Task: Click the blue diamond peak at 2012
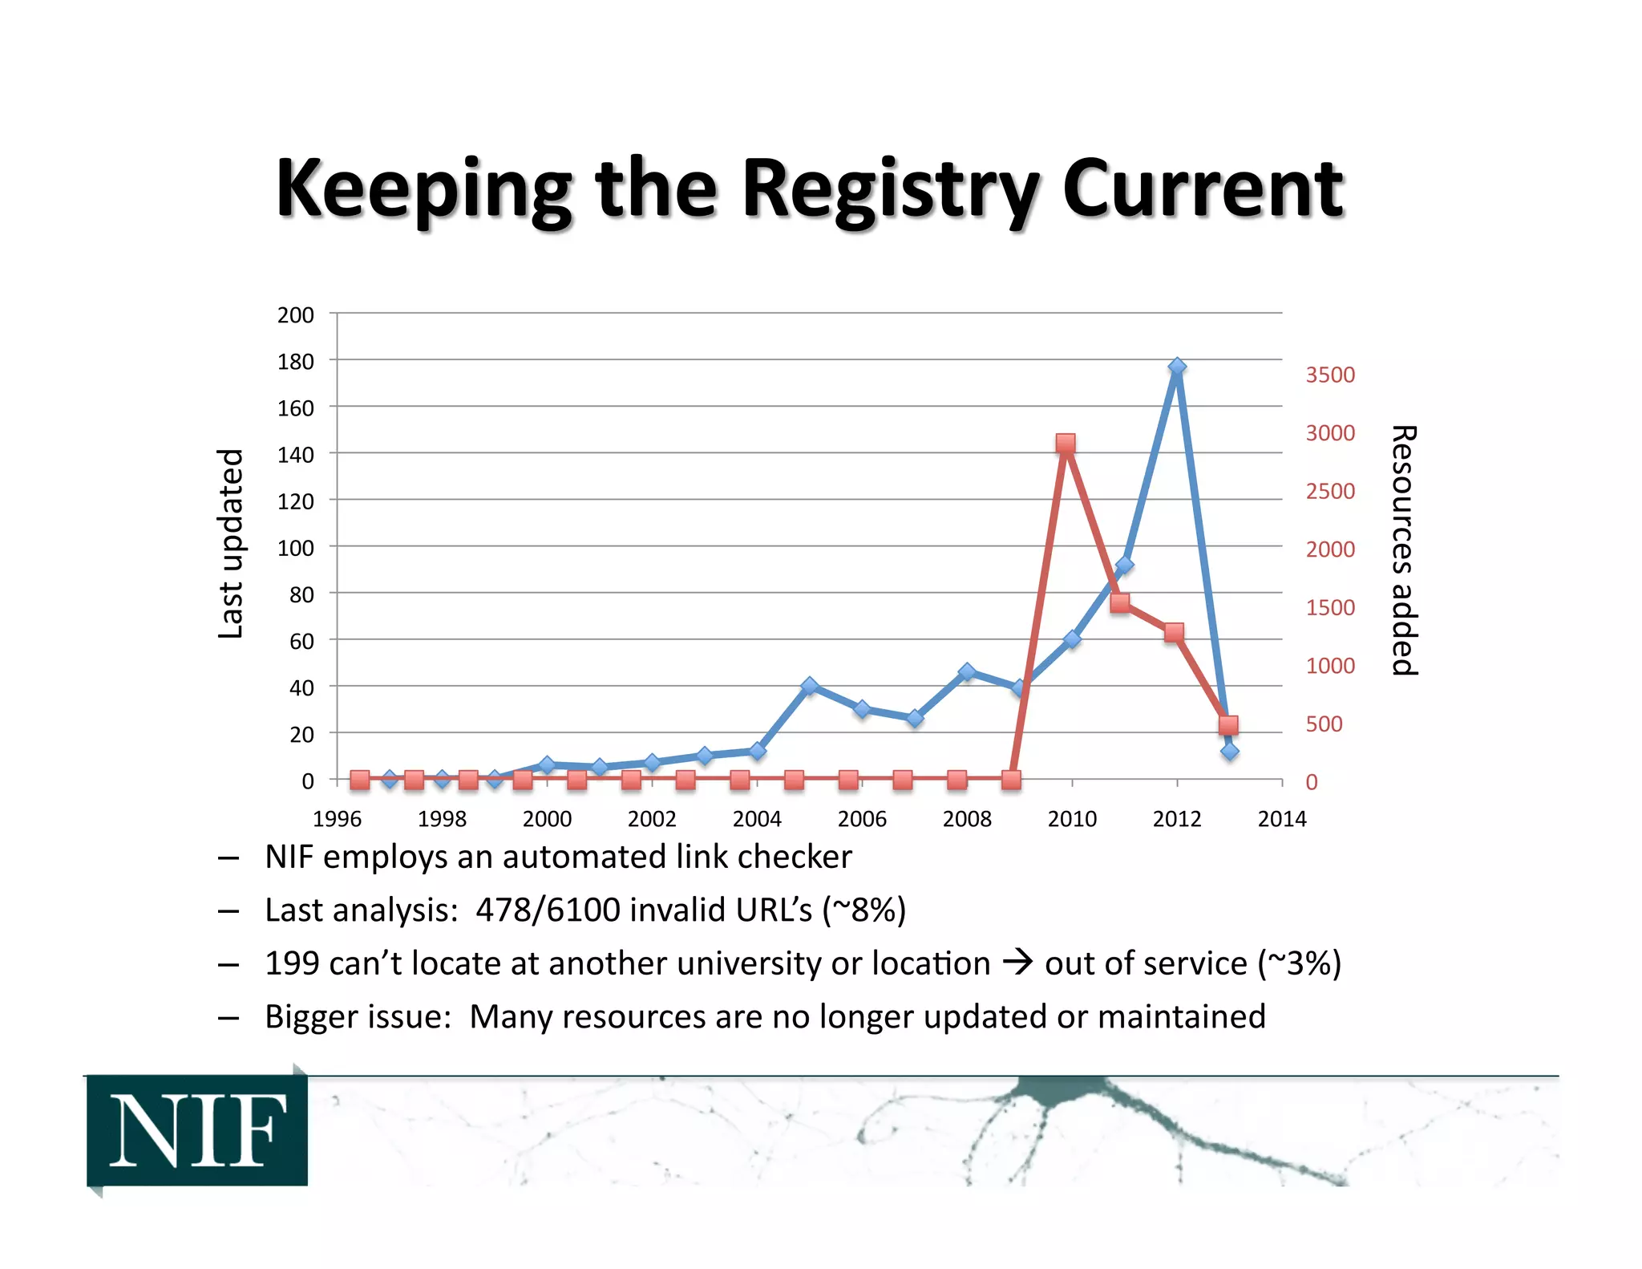point(1176,367)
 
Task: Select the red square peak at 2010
point(1065,444)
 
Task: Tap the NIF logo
point(197,1130)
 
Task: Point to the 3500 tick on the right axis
point(1329,375)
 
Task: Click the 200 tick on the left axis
point(295,314)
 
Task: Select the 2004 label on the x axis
point(756,819)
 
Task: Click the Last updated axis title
point(230,544)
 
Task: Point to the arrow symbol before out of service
point(1017,962)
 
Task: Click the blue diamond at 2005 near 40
point(810,686)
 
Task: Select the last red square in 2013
point(1227,725)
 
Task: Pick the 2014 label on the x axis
point(1281,819)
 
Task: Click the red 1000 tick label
point(1329,666)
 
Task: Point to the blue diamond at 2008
point(967,671)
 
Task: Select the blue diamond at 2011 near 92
point(1124,566)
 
